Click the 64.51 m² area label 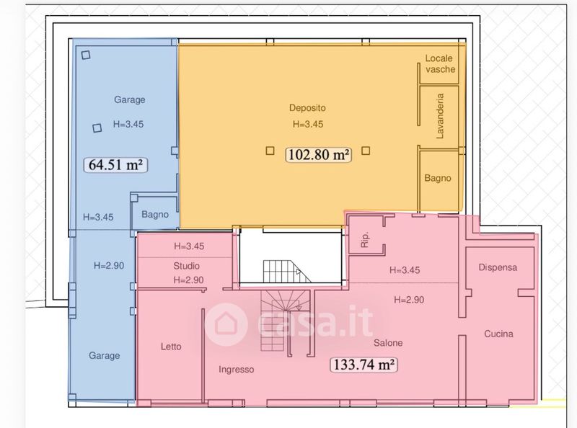pos(115,165)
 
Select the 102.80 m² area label pos(319,154)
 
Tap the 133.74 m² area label pos(364,365)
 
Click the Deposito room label pos(307,108)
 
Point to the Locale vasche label pos(440,63)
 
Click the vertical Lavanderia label pos(440,116)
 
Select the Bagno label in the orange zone pos(438,179)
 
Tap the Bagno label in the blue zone pos(155,215)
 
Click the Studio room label pos(186,266)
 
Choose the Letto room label pos(171,347)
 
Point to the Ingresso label pos(237,370)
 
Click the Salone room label pos(388,343)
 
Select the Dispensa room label pos(498,267)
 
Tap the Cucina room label pos(498,334)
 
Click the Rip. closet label pos(365,240)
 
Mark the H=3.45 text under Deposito pos(308,124)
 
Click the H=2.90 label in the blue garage pos(109,265)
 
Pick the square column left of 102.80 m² pos(270,151)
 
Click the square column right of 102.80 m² pos(366,151)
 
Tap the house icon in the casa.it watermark pos(225,324)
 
